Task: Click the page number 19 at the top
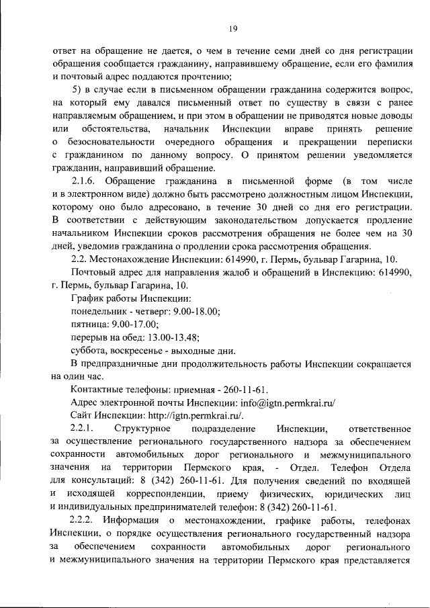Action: [232, 28]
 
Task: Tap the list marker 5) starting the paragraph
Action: [77, 91]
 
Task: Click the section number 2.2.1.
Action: [83, 428]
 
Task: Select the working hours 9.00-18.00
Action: [199, 311]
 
